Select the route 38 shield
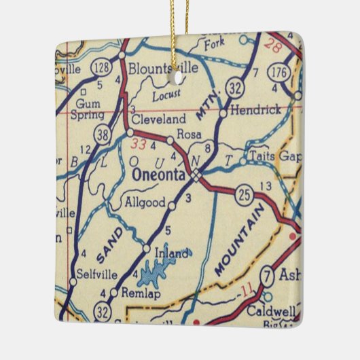tap(102, 136)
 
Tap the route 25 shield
tap(246, 196)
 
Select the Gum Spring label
tap(89, 109)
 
